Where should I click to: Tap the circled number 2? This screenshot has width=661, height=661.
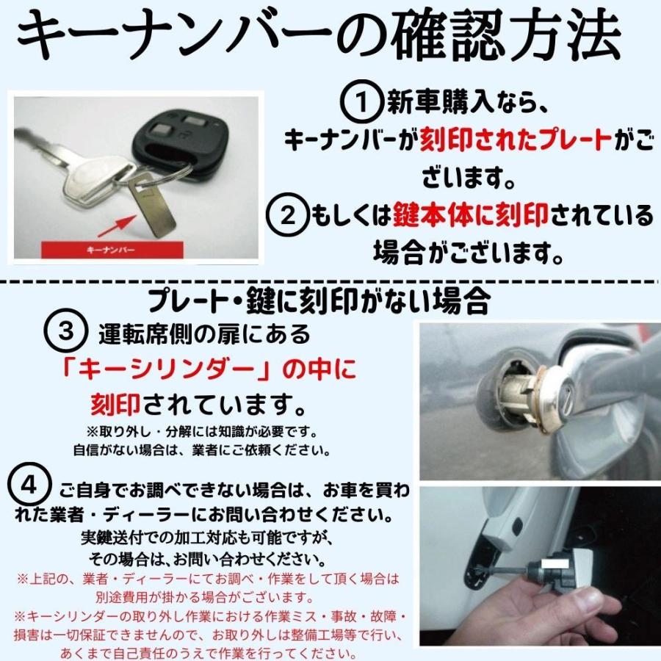(x=289, y=214)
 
